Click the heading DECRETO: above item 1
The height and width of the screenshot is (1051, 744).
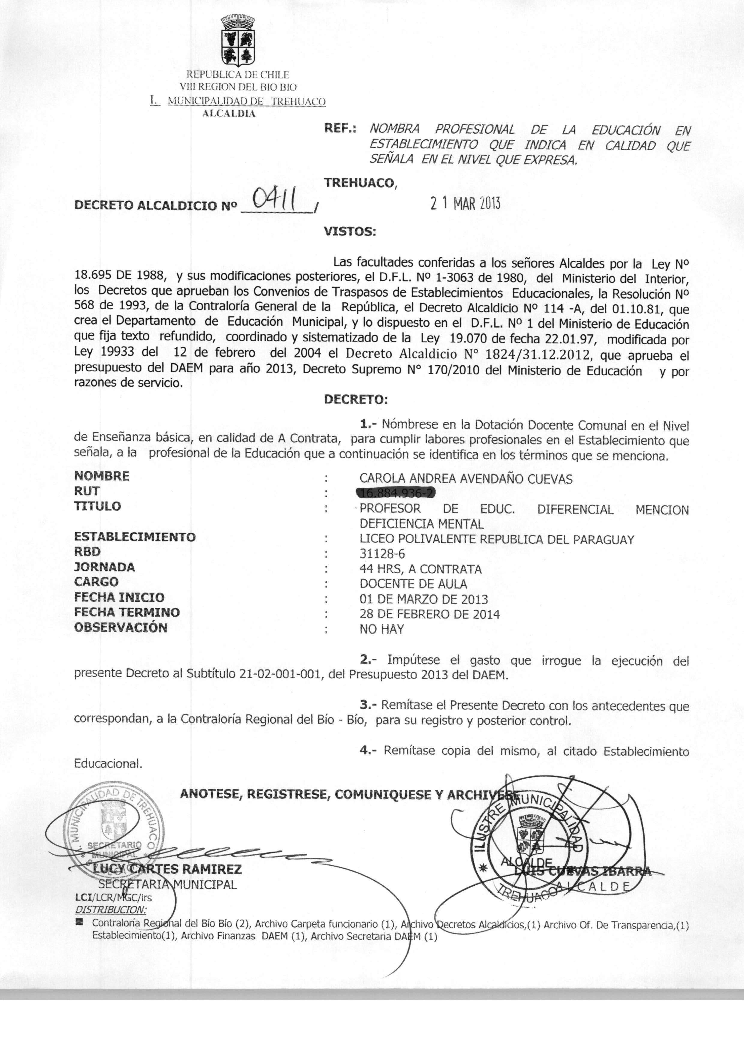click(355, 399)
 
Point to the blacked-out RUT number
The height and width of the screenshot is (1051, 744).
click(396, 493)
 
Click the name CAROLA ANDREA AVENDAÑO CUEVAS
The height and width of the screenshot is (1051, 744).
click(466, 479)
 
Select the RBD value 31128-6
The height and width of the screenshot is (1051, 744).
click(382, 554)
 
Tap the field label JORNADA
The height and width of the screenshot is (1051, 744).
click(104, 567)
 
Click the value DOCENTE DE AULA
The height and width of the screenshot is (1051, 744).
click(413, 584)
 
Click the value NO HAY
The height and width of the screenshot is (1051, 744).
click(382, 629)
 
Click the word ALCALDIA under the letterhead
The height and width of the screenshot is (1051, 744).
click(229, 114)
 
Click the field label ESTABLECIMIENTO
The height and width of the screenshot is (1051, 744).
click(135, 537)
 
